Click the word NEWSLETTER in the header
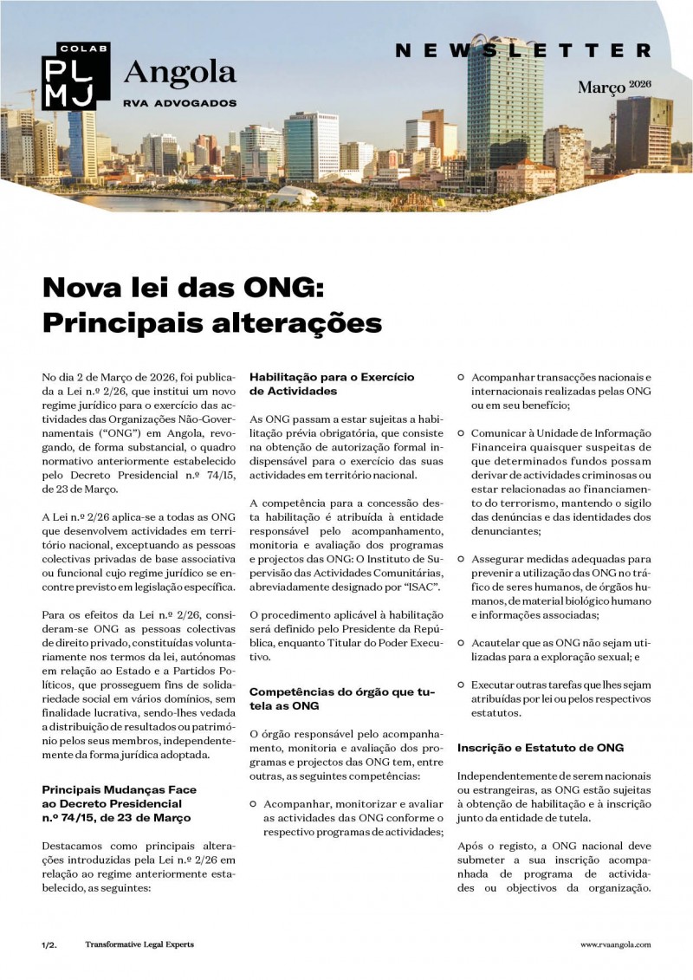point(522,51)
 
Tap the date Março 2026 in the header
point(614,87)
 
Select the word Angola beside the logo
point(179,73)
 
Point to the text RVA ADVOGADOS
point(179,102)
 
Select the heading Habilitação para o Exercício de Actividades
point(332,384)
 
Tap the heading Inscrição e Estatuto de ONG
point(541,747)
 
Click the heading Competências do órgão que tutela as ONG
point(342,698)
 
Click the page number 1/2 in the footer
point(49,944)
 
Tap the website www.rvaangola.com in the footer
point(615,944)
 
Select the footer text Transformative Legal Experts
point(139,944)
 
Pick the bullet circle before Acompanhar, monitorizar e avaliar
point(254,803)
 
